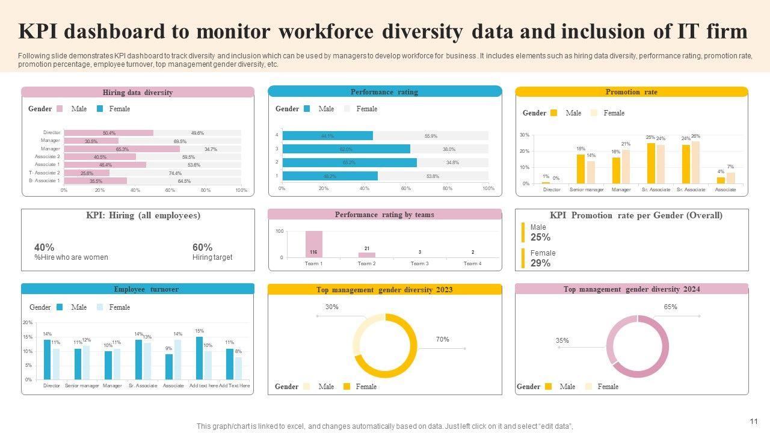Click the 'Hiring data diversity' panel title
138,93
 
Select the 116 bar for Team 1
313,244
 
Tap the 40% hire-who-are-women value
45,247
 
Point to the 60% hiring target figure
202,247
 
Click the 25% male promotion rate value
540,237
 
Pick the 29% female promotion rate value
540,263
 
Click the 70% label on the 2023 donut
442,339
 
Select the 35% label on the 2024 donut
562,340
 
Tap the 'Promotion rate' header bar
631,92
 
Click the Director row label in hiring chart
52,133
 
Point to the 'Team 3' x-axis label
419,263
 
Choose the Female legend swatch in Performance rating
347,109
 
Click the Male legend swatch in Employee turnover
60,307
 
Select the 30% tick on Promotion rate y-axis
525,135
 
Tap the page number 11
754,422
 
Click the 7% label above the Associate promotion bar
730,167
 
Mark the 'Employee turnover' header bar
138,289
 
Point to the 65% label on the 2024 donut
670,307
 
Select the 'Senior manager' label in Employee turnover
82,385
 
